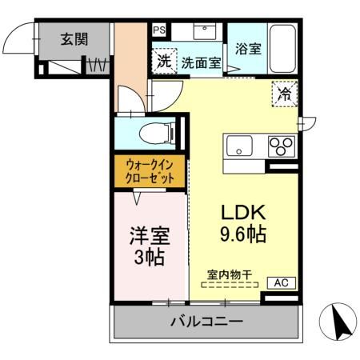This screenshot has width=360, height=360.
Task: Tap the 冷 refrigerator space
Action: click(x=284, y=93)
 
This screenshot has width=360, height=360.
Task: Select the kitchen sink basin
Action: click(x=239, y=146)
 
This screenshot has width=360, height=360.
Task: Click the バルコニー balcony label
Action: click(x=206, y=322)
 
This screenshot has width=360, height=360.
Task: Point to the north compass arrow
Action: click(x=339, y=324)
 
